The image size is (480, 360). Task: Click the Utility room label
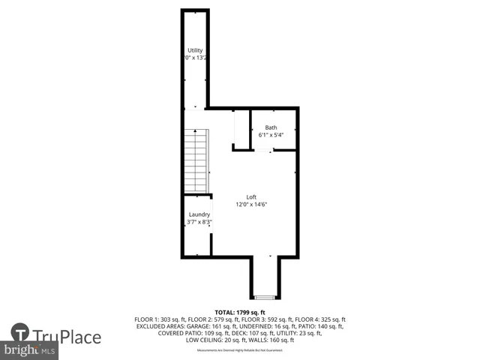click(x=195, y=50)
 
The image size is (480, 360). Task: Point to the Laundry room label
click(x=199, y=214)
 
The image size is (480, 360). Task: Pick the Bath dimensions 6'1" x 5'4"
click(x=270, y=136)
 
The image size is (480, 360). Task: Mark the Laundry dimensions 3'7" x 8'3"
click(x=199, y=222)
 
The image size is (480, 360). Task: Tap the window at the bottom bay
click(x=265, y=295)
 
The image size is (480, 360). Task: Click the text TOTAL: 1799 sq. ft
click(x=240, y=312)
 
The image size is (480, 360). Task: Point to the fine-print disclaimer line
click(x=240, y=350)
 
